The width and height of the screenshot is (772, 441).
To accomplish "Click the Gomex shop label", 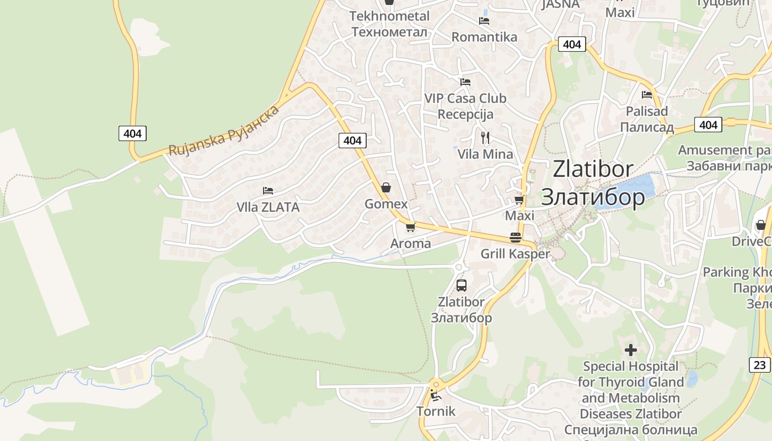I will pos(386,204).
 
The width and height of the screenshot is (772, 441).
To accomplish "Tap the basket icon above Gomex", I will pos(386,187).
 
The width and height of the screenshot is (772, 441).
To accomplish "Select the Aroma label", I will pos(410,243).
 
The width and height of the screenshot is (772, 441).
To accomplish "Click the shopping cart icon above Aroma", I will pos(410,227).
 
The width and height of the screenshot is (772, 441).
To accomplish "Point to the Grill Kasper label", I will pos(515,254).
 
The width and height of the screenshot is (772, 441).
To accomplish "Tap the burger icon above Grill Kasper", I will pos(516,237).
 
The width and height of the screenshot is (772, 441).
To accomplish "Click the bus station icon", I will pos(462,286).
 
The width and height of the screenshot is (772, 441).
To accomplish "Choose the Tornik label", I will pos(436,411).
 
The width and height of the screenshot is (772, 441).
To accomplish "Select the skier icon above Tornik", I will pos(436,395).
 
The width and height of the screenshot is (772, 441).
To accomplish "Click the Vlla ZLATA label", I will pos(268,207).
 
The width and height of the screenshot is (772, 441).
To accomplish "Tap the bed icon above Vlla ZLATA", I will pos(268,191).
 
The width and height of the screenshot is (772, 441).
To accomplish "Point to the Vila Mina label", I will pos(485,154).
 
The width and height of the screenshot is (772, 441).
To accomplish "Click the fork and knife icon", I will pos(485,137).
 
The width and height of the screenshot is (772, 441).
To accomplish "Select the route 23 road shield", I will pos(760,364).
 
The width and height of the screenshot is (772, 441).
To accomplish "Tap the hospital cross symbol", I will pos(631,349).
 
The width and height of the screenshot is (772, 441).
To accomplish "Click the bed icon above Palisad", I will pos(647,94).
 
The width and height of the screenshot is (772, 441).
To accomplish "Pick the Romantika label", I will pos(484,37).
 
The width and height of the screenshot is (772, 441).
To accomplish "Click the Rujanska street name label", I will pos(224,131).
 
